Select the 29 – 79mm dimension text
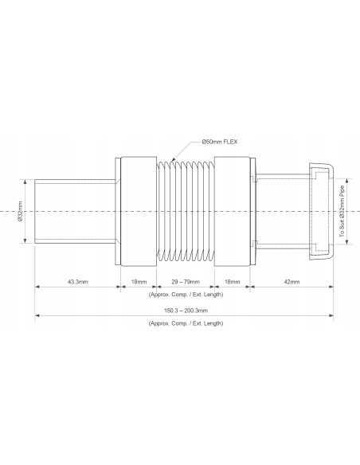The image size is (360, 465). (x=186, y=283)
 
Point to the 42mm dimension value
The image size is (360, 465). (x=292, y=283)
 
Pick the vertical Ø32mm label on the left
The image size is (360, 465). (x=21, y=210)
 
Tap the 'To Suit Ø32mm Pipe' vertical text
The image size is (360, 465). (x=343, y=210)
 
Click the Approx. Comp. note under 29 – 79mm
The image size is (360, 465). (x=186, y=294)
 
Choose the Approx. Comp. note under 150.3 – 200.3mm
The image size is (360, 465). (x=186, y=323)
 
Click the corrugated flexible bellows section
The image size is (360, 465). (x=186, y=210)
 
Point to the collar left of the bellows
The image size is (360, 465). (x=136, y=210)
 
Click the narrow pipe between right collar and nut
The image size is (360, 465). (x=279, y=210)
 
